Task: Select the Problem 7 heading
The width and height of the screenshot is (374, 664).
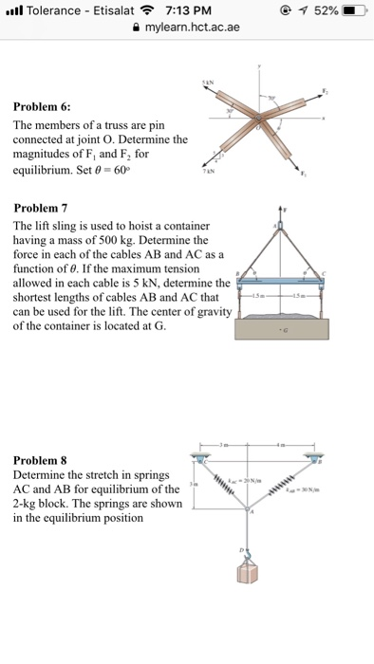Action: pyautogui.click(x=41, y=208)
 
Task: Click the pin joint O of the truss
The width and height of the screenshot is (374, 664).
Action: pyautogui.click(x=257, y=120)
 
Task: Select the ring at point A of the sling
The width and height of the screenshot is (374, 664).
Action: pyautogui.click(x=279, y=225)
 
